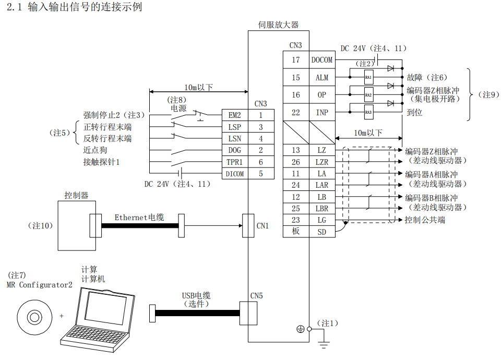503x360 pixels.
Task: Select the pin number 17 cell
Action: [x=296, y=60]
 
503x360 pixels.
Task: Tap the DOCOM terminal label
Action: [x=322, y=60]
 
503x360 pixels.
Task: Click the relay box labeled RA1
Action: [x=368, y=78]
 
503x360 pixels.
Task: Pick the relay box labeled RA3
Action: [x=368, y=112]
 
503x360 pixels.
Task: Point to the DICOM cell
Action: [x=235, y=174]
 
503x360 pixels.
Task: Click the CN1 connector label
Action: [x=262, y=226]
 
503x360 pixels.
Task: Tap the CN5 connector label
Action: [x=256, y=296]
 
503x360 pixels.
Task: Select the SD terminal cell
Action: [x=322, y=231]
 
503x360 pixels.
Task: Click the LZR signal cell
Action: [x=322, y=162]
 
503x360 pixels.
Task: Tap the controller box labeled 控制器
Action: [x=76, y=225]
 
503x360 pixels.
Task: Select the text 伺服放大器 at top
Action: [x=279, y=25]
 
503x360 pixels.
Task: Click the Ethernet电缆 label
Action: [x=139, y=217]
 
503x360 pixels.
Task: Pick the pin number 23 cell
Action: [x=296, y=220]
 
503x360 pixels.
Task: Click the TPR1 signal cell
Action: [x=235, y=162]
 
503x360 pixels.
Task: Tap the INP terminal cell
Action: [x=322, y=112]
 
